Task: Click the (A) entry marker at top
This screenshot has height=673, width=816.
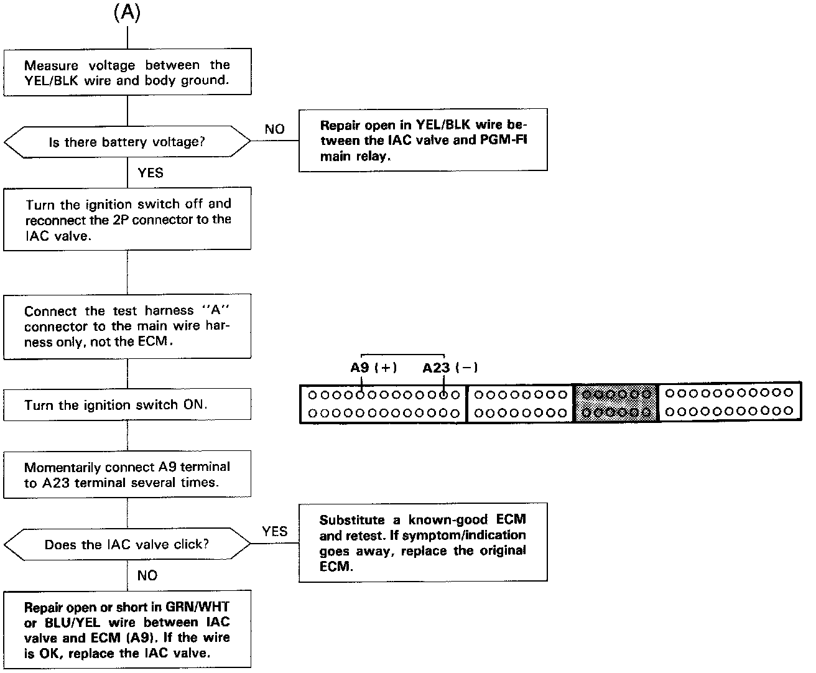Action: [x=127, y=14]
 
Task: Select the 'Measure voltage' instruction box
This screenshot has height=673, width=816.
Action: [x=127, y=72]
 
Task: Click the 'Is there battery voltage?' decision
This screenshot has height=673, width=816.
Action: [x=127, y=142]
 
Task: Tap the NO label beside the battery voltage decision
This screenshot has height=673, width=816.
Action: [x=274, y=129]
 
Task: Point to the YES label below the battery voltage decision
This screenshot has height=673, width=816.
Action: [x=150, y=173]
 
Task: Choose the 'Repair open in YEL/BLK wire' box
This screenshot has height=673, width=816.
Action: [x=423, y=141]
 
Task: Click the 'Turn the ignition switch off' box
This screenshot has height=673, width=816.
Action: [x=127, y=219]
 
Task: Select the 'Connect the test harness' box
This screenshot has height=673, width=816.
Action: [x=127, y=326]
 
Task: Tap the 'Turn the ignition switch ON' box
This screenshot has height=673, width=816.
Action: [x=127, y=405]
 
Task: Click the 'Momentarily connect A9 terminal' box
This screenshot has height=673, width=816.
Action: [x=127, y=475]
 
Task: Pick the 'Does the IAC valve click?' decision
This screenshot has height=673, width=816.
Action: [x=127, y=545]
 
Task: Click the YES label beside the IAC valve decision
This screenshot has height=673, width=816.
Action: [x=274, y=531]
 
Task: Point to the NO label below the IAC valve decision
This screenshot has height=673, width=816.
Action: [x=147, y=575]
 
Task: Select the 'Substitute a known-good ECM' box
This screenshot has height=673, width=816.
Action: [x=423, y=542]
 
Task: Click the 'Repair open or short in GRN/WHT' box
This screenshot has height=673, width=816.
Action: [x=127, y=629]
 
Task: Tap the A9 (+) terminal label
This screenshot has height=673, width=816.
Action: [x=373, y=368]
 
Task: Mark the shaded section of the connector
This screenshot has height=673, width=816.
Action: [x=616, y=403]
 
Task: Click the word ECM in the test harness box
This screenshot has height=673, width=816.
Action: [x=154, y=341]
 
